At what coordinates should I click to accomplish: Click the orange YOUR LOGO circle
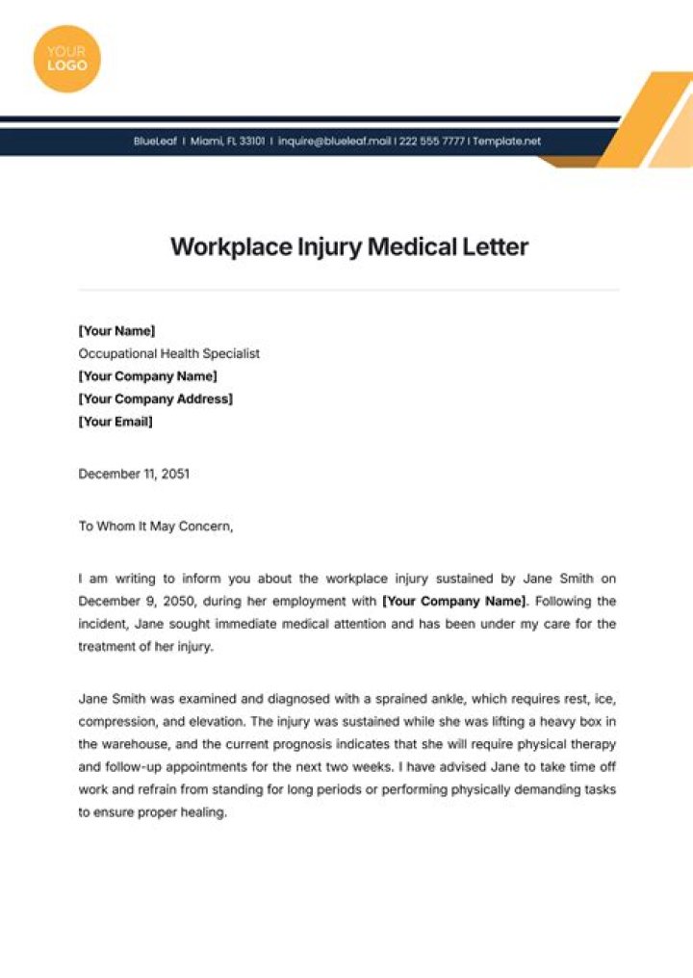coord(66,58)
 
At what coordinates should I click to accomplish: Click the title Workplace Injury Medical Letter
coord(349,246)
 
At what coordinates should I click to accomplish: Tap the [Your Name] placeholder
coord(116,330)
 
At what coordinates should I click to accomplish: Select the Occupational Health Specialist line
coord(168,353)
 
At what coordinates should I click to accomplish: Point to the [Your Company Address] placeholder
coord(155,399)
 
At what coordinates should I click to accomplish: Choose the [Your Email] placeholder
coord(115,422)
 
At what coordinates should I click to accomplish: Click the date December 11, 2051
coord(134,474)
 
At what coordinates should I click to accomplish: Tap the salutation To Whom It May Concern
coord(155,527)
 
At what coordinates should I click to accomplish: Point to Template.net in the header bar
coord(507,142)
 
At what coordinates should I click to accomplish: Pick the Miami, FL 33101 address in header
coord(228,142)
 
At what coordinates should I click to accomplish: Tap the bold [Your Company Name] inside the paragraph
coord(454,602)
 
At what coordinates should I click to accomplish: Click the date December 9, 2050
coord(137,602)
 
